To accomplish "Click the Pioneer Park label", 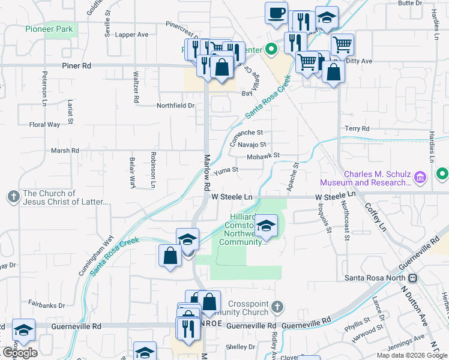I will [49, 28].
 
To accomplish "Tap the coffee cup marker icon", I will [276, 13].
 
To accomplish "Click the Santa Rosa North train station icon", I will [413, 278].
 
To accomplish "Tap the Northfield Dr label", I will [176, 106].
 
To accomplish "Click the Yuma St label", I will [226, 170].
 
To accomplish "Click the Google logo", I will [20, 353].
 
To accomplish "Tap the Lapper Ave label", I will [131, 35].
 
